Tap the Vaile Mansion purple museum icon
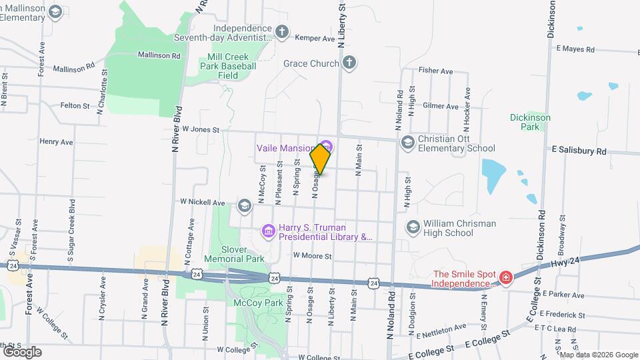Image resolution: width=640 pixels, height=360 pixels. pos(326,146)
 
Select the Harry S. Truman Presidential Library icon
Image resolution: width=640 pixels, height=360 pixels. pos(268,231)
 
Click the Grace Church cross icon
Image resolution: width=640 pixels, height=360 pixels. pos(349,63)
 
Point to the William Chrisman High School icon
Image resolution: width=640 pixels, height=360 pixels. pos(412,228)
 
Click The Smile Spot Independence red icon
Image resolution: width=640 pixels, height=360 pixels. pos(506,277)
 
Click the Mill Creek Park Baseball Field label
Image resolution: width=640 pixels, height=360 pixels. pos(228,67)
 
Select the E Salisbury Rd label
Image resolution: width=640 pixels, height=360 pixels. pos(578,151)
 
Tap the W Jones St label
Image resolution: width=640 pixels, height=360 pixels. pos(200,129)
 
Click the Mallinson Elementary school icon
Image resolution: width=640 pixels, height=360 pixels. pos(55,11)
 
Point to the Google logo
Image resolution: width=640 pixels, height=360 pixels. pos(22,351)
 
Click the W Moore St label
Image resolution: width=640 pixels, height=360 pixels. pos(313,255)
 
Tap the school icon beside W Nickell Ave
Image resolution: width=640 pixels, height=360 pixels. pos(245,205)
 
